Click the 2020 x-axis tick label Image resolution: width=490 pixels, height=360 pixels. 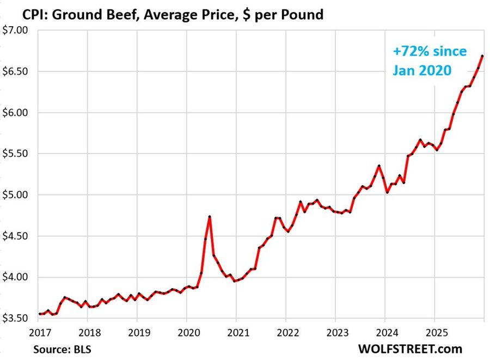[187, 331]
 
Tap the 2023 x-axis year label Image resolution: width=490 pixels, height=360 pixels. [335, 331]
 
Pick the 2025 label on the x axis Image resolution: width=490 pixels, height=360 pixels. [434, 331]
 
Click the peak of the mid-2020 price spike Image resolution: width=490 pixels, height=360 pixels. [210, 217]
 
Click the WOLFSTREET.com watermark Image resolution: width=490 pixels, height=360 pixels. [410, 348]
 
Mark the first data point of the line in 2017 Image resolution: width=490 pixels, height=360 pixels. [39, 314]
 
